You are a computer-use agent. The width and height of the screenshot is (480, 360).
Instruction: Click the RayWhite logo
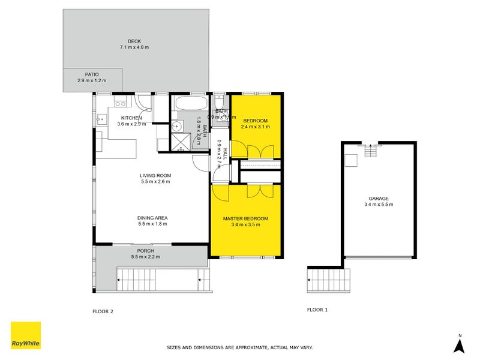pyautogui.click(x=26, y=335)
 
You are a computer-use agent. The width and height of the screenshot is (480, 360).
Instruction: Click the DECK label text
pyautogui.click(x=134, y=41)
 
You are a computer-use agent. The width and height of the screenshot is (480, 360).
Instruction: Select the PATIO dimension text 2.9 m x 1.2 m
pyautogui.click(x=91, y=80)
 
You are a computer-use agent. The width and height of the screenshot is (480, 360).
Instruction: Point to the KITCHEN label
pyautogui.click(x=131, y=118)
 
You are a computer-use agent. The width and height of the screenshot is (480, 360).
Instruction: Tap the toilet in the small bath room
pyautogui.click(x=220, y=112)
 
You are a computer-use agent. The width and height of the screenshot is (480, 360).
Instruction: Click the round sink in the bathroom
pyautogui.click(x=176, y=127)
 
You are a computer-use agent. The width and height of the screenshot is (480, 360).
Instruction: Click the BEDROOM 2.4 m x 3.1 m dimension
pyautogui.click(x=255, y=127)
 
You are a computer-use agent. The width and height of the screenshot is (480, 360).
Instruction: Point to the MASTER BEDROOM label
pyautogui.click(x=245, y=218)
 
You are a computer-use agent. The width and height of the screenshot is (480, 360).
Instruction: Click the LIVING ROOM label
pyautogui.click(x=155, y=175)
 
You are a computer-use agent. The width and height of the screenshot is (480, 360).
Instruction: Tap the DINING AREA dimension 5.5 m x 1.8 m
pyautogui.click(x=152, y=224)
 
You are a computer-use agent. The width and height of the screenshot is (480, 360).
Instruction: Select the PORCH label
pyautogui.click(x=145, y=251)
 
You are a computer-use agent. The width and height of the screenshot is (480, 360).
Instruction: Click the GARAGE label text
pyautogui.click(x=379, y=199)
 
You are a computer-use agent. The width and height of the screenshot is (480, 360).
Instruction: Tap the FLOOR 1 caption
pyautogui.click(x=317, y=310)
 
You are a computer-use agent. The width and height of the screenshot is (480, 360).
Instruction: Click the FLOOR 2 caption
pyautogui.click(x=103, y=311)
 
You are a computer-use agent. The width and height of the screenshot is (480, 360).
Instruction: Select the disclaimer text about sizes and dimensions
pyautogui.click(x=239, y=347)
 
